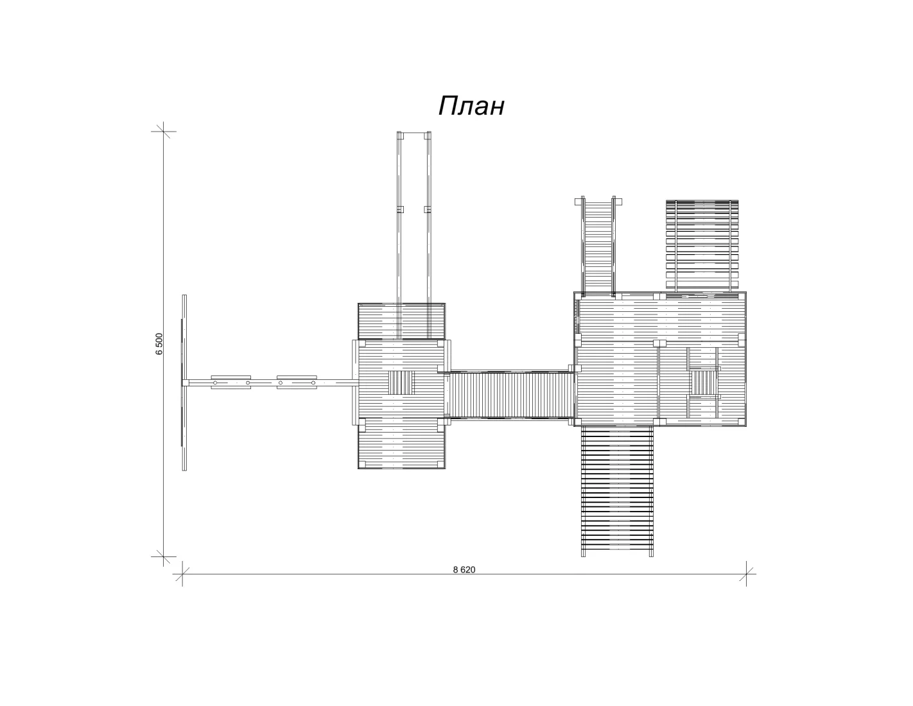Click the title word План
point(471,106)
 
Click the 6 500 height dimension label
point(159,344)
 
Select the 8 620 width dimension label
point(464,570)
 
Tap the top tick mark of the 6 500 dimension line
point(164,131)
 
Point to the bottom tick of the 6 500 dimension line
point(164,556)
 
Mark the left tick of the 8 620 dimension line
point(182,574)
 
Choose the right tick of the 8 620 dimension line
point(746,574)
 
